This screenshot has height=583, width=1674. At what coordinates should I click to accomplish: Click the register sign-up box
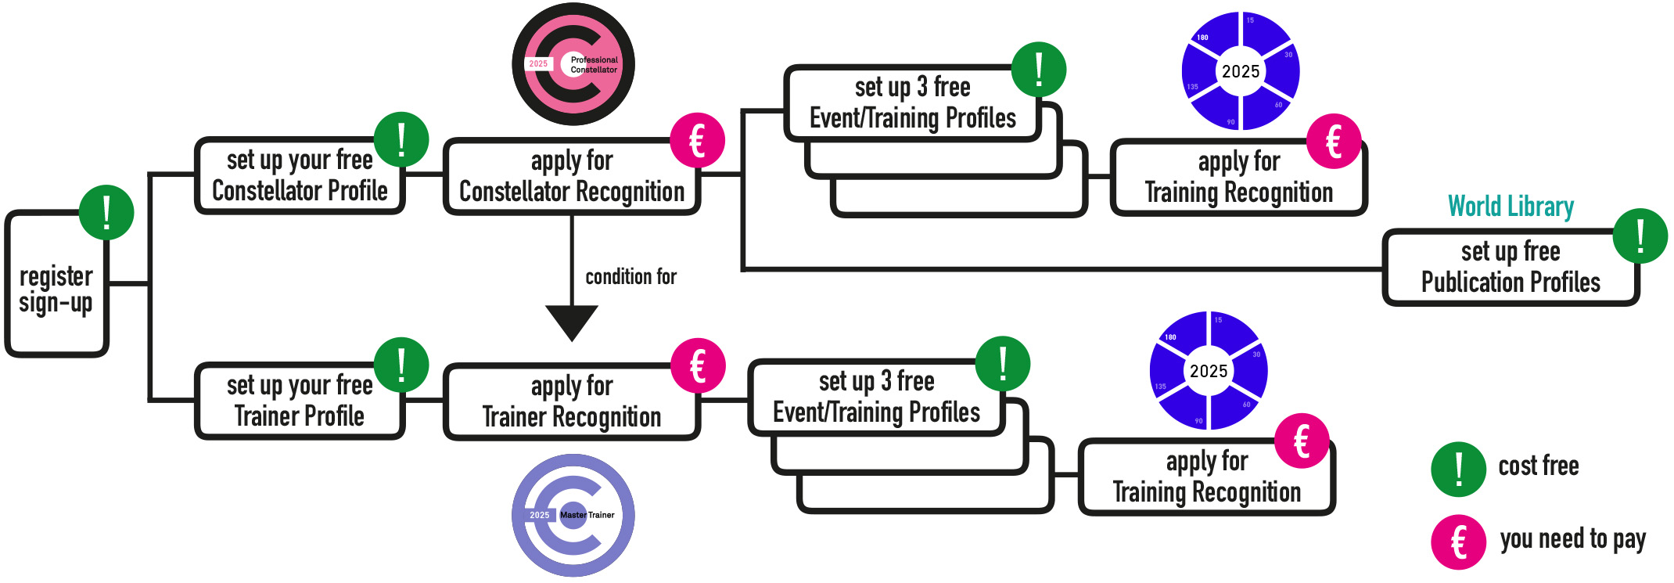tap(56, 290)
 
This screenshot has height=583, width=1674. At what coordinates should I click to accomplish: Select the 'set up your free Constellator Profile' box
tap(300, 175)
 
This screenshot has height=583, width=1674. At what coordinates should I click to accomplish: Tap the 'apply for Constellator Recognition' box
tap(571, 177)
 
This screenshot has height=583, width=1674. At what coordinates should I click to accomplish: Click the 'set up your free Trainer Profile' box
tap(300, 401)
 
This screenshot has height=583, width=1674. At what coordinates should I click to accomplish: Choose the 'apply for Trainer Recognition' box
tap(571, 402)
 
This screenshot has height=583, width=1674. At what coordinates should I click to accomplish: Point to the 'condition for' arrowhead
tap(572, 322)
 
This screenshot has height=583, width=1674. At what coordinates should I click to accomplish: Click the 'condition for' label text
tap(630, 277)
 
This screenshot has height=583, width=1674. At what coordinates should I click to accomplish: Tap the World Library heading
tap(1511, 207)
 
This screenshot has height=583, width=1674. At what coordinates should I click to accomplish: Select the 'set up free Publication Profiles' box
tap(1510, 267)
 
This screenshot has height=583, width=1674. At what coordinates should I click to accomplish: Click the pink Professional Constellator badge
tap(573, 64)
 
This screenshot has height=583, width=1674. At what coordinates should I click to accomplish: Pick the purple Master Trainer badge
tap(573, 515)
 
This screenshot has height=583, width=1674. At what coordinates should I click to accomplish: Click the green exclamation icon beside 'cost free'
tap(1458, 470)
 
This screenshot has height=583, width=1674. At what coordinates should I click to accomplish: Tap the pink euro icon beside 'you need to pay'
tap(1458, 542)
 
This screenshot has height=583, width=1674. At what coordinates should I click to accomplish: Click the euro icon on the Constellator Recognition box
tap(697, 141)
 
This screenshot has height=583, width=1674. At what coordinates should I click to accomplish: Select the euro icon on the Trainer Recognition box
tap(698, 365)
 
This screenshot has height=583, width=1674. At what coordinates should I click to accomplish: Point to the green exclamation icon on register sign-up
tap(106, 212)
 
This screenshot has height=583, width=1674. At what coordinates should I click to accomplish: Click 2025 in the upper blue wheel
tap(1241, 72)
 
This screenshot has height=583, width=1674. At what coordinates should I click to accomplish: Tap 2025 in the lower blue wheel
tap(1209, 371)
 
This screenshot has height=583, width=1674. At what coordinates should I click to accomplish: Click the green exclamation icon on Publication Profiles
tap(1640, 236)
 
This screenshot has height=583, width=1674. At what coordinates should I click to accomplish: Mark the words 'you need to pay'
tap(1572, 539)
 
